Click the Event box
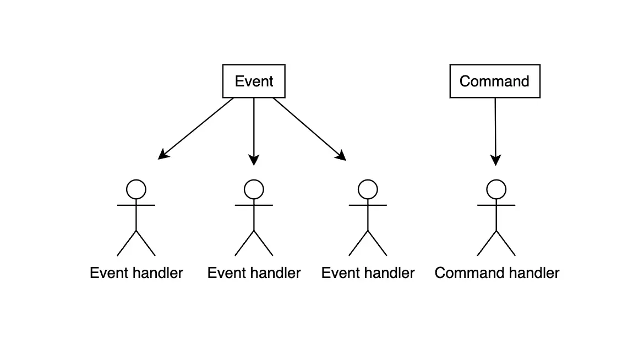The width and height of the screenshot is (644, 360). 254,81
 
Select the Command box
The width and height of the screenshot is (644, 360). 494,81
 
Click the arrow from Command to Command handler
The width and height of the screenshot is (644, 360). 495,129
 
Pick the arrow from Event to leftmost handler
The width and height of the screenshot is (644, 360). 198,127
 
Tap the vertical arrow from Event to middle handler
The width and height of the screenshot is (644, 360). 254,129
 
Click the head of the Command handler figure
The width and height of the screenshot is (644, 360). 496,189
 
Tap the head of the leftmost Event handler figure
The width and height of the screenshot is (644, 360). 136,189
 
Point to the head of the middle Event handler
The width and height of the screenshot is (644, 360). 254,189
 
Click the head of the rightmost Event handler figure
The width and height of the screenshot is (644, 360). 368,189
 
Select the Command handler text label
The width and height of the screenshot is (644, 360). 496,273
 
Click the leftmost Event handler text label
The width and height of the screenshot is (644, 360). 136,273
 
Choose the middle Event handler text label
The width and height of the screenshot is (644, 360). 254,273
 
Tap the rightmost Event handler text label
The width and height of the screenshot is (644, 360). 368,273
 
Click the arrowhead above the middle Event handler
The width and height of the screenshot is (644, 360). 254,160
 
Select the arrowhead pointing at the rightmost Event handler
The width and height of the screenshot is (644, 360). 342,156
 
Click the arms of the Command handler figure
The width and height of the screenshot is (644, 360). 496,205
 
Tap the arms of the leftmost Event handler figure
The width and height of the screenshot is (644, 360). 136,205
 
